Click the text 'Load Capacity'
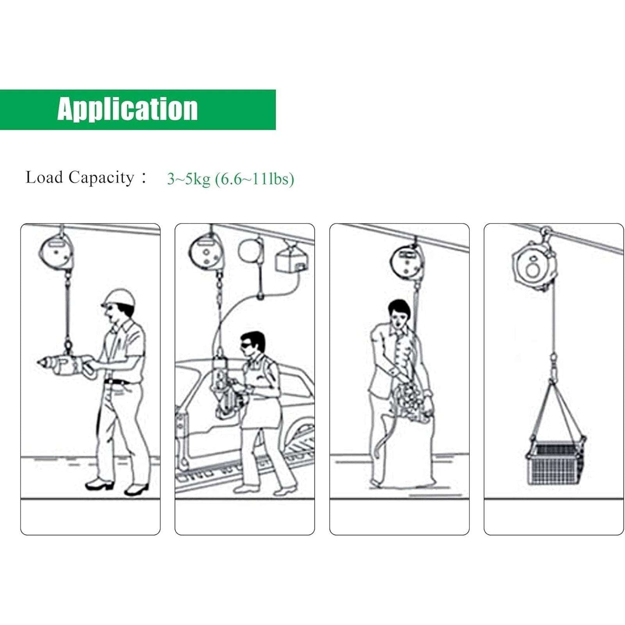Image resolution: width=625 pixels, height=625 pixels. tap(80, 177)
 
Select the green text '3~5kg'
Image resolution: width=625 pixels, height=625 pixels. tap(189, 179)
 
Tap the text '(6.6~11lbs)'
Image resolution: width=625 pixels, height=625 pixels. tap(255, 179)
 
